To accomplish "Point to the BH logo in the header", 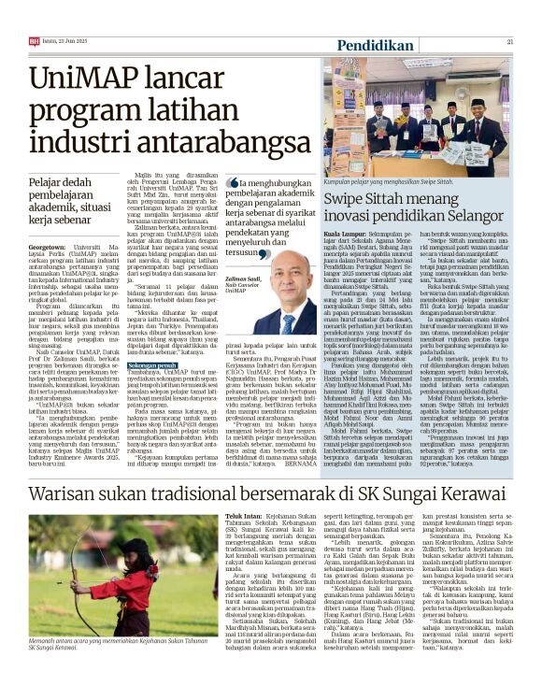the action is (34, 41).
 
